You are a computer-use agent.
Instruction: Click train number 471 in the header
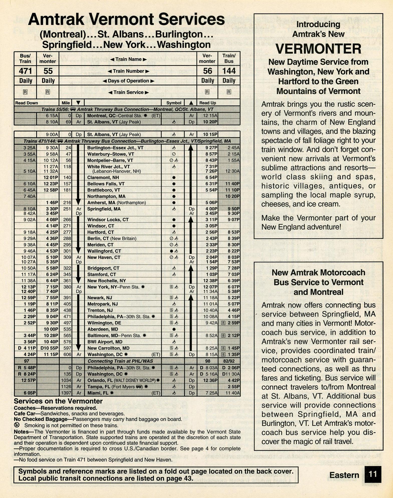[25, 71]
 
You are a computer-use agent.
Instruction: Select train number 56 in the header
[207, 71]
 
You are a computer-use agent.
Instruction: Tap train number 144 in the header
[229, 71]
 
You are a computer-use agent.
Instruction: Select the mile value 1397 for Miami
[66, 393]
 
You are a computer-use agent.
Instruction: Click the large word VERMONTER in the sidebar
[318, 49]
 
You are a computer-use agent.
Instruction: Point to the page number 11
[373, 474]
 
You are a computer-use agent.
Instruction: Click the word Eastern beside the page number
[344, 475]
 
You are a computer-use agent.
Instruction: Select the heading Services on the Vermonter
[58, 401]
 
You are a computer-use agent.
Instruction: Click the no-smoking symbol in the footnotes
[17, 425]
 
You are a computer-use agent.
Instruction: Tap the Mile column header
[66, 103]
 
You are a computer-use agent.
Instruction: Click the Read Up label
[208, 103]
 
